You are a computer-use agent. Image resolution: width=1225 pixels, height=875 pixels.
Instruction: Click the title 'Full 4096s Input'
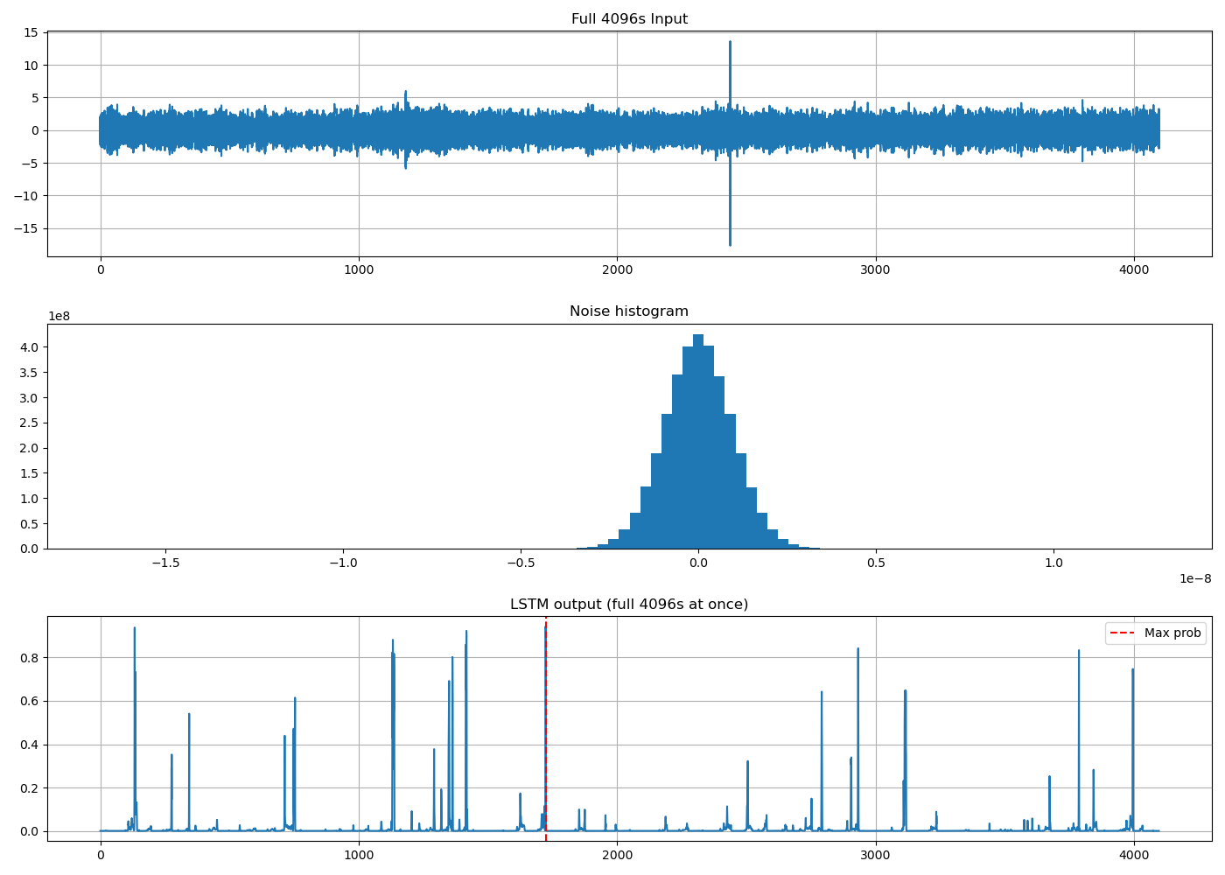(629, 18)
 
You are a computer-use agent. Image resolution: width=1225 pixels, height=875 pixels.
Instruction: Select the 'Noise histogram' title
(629, 311)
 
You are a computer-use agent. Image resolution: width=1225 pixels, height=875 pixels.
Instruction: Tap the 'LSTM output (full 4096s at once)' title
(629, 605)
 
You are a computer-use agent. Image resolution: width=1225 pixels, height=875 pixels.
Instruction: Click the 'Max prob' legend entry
(1172, 633)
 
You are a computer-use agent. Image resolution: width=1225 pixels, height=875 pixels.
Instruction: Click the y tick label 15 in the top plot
(31, 33)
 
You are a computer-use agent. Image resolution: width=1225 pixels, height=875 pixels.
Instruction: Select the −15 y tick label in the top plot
(26, 228)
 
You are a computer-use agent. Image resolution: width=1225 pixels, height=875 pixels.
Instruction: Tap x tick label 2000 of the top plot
(618, 269)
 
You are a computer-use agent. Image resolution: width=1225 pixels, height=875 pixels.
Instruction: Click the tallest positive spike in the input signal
(730, 42)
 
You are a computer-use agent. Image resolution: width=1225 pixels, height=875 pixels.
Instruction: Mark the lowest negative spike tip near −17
(730, 245)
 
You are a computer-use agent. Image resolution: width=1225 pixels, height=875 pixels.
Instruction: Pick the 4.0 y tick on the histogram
(29, 347)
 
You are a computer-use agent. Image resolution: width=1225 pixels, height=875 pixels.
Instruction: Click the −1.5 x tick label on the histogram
(165, 563)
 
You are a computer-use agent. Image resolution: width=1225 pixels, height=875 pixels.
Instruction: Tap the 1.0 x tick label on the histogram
(1053, 563)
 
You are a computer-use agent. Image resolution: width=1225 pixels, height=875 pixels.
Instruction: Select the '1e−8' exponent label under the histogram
(1195, 578)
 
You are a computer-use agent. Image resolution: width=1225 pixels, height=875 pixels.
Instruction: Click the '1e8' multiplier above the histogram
(59, 316)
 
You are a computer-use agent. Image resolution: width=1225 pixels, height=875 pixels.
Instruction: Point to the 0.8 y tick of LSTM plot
(29, 658)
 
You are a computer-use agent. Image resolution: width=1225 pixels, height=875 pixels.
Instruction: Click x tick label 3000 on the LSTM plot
(876, 855)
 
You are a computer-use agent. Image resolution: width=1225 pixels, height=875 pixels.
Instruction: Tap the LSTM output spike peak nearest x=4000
(1132, 669)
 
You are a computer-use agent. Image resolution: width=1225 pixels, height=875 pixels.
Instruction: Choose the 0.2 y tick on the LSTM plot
(29, 788)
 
